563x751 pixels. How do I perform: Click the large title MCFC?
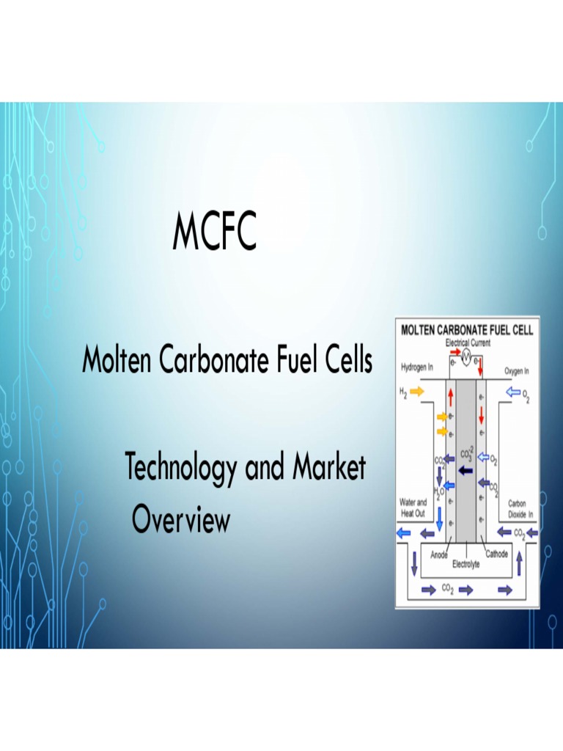coord(215,230)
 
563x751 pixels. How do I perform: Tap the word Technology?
coord(181,469)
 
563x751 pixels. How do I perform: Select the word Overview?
coord(181,520)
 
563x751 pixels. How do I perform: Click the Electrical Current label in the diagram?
coord(468,342)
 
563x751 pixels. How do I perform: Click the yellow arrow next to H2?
coord(417,392)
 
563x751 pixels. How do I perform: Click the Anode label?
coord(439,555)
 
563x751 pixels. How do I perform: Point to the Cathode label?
coord(496,554)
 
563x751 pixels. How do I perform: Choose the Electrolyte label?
coord(466,565)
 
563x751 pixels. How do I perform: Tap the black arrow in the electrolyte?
coord(465,470)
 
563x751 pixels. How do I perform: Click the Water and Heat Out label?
coord(412,508)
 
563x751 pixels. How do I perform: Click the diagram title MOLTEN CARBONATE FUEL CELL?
coord(467,329)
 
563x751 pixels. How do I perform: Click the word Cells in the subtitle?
coord(346,361)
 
